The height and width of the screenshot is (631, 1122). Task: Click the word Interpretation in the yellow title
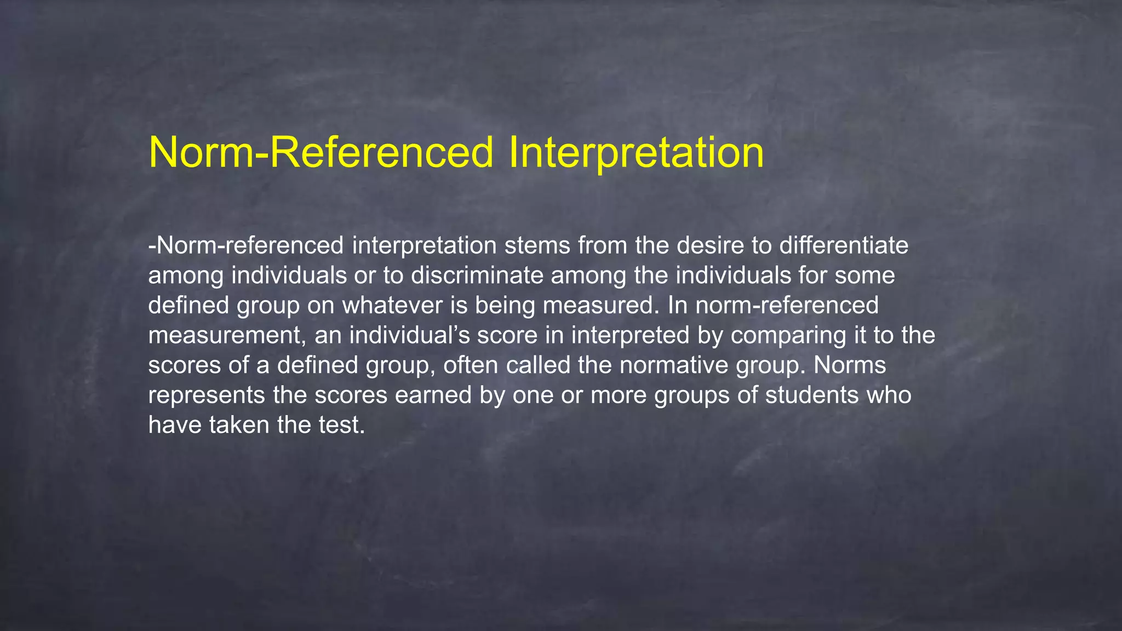(636, 152)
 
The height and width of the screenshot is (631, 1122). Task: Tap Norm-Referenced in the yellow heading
(321, 152)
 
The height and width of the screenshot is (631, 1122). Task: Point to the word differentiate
(844, 245)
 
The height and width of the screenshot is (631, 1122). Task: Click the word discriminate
(477, 275)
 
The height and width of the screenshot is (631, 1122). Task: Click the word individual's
(410, 335)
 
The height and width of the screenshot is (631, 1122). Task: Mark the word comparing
(788, 335)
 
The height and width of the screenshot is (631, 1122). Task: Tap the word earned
(433, 395)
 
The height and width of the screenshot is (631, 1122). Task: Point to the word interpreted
(630, 335)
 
